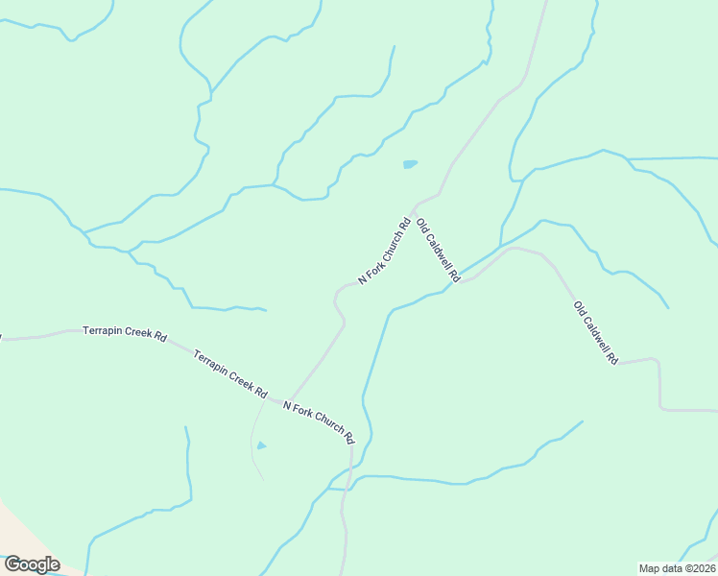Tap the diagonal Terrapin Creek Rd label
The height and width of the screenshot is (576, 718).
[x=229, y=373]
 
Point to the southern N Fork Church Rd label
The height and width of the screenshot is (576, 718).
[x=315, y=420]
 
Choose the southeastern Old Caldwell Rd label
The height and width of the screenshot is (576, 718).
[x=595, y=332]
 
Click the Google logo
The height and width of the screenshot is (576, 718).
[x=32, y=564]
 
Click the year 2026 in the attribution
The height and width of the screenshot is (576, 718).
[x=702, y=567]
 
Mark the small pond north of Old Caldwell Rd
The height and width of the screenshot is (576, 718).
[x=410, y=164]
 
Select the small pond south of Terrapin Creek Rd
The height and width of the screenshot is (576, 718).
[x=261, y=445]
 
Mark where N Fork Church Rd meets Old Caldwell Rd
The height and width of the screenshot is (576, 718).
[x=414, y=207]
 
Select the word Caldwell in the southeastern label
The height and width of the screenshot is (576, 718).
[x=597, y=334]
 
